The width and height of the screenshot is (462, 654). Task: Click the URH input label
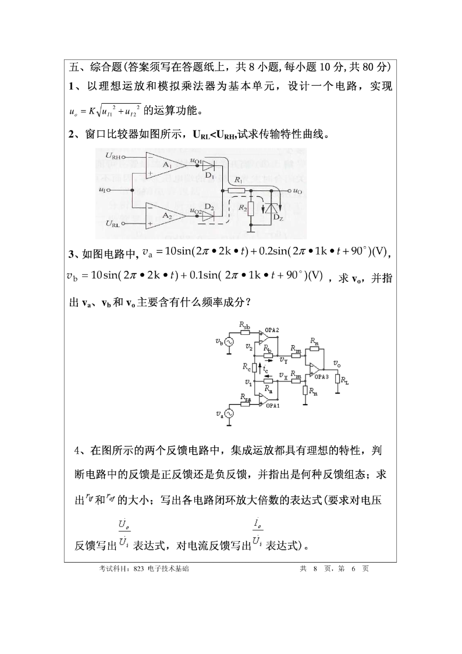pyautogui.click(x=113, y=156)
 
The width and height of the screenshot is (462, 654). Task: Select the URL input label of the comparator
pyautogui.click(x=113, y=224)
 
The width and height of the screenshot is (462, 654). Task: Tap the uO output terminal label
pyautogui.click(x=297, y=190)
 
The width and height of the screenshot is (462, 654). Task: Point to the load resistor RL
pyautogui.click(x=338, y=381)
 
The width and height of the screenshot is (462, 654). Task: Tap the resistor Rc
pyautogui.click(x=254, y=368)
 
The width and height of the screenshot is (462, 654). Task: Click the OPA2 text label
pyautogui.click(x=272, y=330)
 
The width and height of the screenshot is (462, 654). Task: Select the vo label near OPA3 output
pyautogui.click(x=336, y=363)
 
